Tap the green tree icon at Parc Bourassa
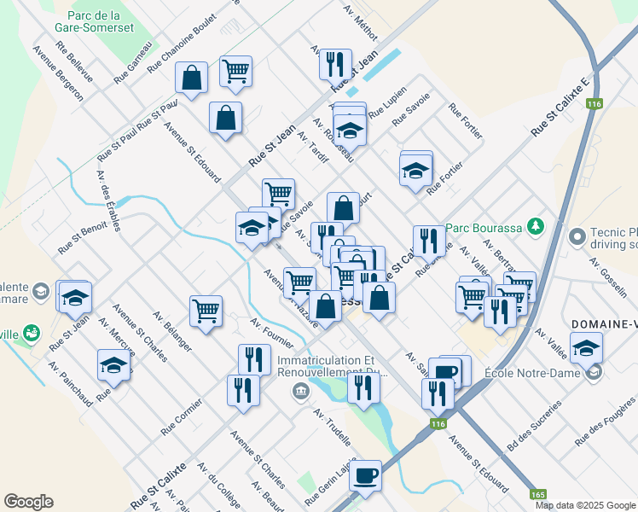click(535, 227)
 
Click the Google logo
click(29, 501)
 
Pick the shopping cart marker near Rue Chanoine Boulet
click(235, 71)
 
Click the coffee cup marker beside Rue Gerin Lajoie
click(366, 474)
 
